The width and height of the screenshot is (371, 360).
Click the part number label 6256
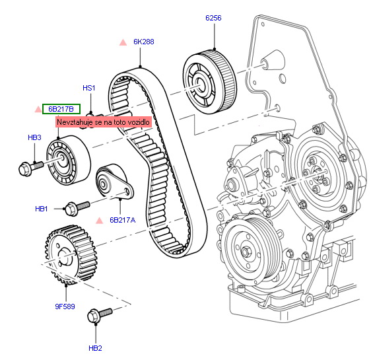[x=213, y=18]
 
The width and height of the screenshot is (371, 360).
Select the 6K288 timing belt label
[x=144, y=42]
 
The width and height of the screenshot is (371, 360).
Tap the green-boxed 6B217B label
[x=61, y=109]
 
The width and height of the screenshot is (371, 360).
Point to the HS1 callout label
[x=88, y=88]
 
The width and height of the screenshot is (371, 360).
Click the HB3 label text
[x=34, y=137]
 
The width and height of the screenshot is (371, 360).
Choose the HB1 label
[x=42, y=209]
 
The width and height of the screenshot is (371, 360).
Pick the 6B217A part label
[x=123, y=220]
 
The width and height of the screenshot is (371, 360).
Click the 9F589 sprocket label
[x=65, y=306]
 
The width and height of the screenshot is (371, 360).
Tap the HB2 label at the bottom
[x=95, y=348]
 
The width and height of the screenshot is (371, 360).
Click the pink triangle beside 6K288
[x=123, y=42]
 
